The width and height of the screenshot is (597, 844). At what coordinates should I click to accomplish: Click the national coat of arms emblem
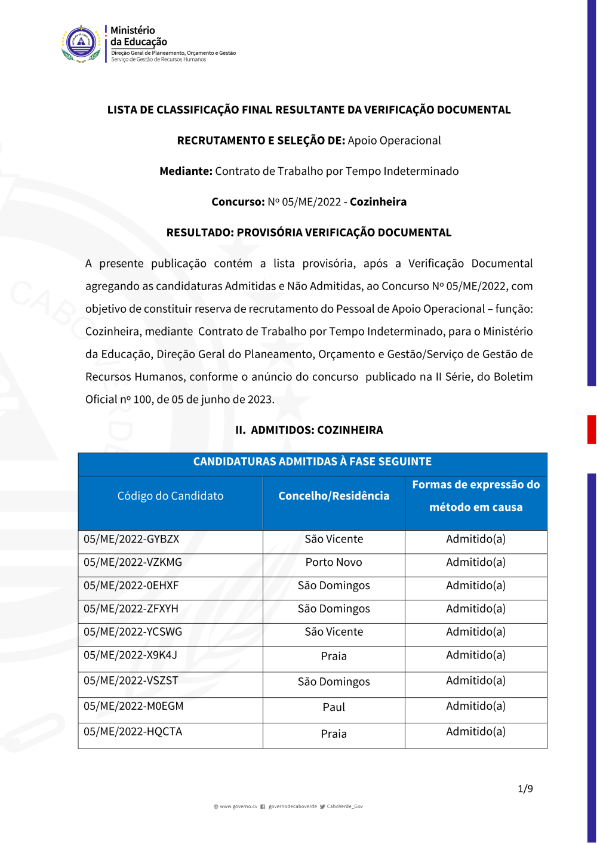pos(81,44)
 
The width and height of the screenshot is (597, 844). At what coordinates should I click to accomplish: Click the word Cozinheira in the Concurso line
pos(378,202)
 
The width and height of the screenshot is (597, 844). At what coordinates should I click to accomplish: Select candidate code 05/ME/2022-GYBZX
pos(131,539)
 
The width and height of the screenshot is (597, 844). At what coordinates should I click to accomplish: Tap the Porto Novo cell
pos(334,562)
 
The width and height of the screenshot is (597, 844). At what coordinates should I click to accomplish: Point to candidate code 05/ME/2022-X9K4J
pos(130,655)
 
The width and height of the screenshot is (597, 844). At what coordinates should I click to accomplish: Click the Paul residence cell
pos(334,707)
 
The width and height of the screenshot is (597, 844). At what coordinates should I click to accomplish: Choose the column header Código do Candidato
pos(170,496)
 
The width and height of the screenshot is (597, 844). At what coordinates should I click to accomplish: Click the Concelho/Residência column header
pos(334,496)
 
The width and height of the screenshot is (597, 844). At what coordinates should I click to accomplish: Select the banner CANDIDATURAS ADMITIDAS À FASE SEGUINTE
pos(312,461)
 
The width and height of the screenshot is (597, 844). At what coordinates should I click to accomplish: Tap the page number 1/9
pos(525,789)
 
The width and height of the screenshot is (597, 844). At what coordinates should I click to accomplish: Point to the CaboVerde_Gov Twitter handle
pos(344,806)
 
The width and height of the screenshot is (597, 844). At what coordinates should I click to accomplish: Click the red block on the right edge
pos(592,429)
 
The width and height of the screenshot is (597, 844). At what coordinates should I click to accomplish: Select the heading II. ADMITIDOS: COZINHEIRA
pos(309,430)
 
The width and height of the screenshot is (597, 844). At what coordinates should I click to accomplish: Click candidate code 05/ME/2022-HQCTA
pos(133,732)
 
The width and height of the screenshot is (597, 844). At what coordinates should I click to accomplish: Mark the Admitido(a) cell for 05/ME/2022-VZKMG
pos(476,562)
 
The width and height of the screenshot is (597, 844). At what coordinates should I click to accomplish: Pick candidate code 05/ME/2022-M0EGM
pos(133,706)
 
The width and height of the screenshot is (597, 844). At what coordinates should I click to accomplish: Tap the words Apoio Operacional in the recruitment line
pos(394,141)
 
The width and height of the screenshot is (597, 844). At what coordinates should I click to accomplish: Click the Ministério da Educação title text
pos(139,36)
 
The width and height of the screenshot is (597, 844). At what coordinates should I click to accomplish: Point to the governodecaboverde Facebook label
pos(293,806)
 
